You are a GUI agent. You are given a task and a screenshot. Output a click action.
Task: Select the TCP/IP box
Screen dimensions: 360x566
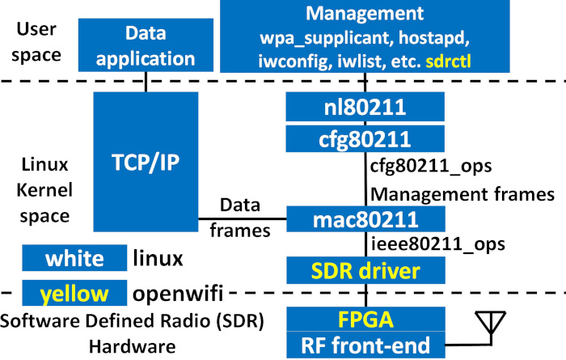[x=146, y=161]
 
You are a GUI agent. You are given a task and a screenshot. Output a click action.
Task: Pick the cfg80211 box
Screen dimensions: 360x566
[x=365, y=138]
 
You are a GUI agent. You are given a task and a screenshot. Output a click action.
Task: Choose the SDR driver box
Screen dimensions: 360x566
[x=365, y=269]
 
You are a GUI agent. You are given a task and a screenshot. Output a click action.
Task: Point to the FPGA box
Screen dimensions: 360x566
[x=365, y=318]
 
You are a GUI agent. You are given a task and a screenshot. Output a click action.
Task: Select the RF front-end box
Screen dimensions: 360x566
[x=365, y=345]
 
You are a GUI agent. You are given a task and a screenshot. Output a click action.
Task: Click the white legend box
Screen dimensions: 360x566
[x=74, y=260]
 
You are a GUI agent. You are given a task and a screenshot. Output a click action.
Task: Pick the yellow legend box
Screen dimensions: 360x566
[x=74, y=291]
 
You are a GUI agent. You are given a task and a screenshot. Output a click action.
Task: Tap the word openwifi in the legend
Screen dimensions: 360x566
[x=180, y=291]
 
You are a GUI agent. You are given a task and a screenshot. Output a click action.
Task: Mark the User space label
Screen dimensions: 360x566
[x=38, y=42]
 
